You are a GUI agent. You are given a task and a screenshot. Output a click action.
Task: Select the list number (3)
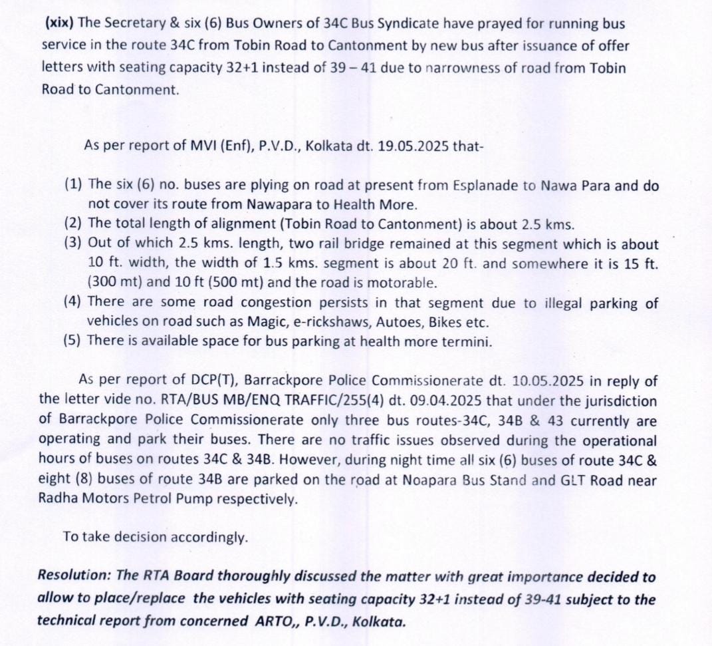point(73,244)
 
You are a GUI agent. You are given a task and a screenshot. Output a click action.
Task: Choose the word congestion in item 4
point(278,303)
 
